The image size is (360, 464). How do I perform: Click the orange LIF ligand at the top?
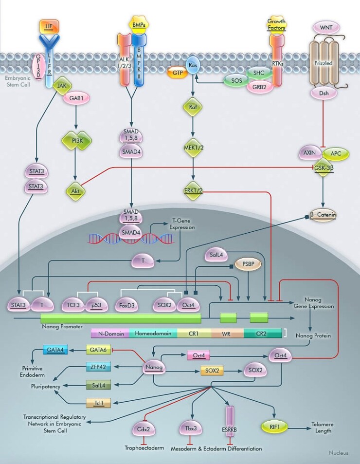click(x=48, y=25)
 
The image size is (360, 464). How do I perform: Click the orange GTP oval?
click(x=178, y=73)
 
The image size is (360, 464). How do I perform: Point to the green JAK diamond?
click(x=62, y=85)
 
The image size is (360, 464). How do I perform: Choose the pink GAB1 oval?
click(x=75, y=97)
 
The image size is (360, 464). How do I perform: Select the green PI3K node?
click(x=75, y=141)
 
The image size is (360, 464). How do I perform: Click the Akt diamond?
click(x=75, y=191)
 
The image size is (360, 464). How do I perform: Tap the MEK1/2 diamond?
click(x=194, y=148)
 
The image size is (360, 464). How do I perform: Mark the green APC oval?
click(x=335, y=153)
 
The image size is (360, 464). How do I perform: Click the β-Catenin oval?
click(x=324, y=215)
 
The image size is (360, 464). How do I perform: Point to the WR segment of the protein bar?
click(x=227, y=334)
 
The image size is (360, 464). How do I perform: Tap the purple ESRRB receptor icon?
click(x=231, y=418)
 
